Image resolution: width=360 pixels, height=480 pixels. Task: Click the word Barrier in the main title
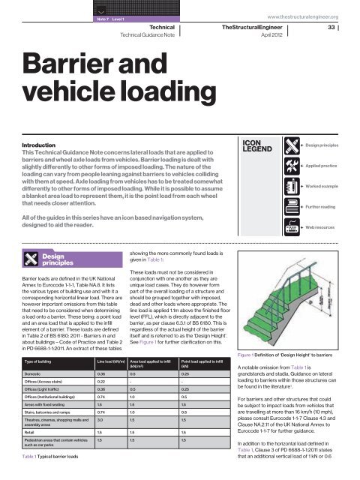click(64, 66)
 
